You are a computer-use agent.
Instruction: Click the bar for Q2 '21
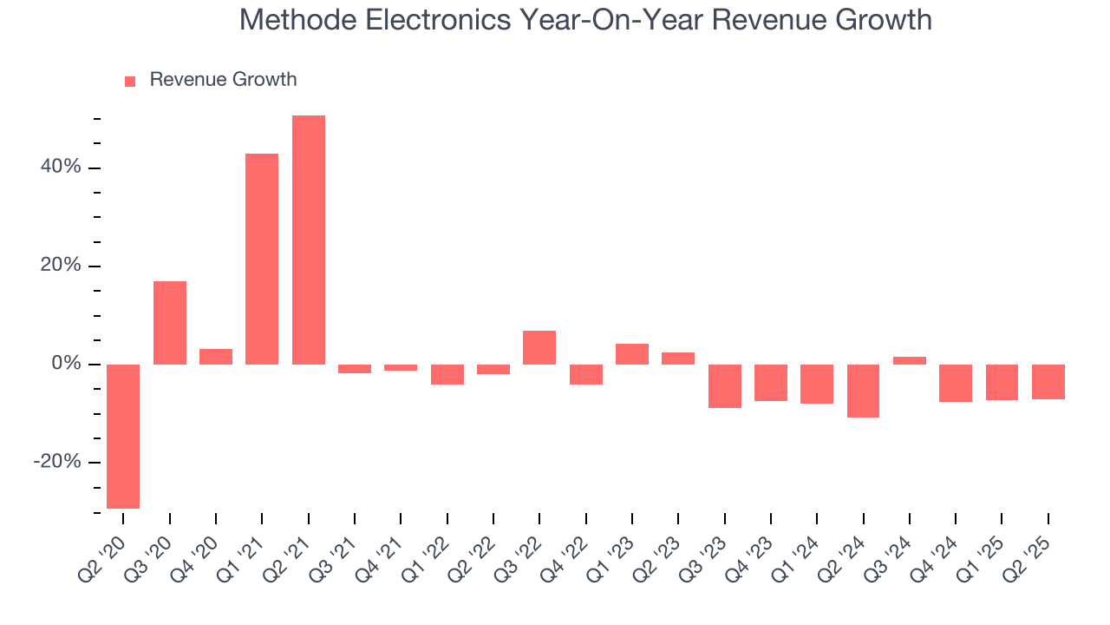pyautogui.click(x=309, y=240)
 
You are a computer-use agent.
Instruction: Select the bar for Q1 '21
pyautogui.click(x=262, y=259)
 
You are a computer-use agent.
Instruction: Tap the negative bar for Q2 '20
pyautogui.click(x=123, y=436)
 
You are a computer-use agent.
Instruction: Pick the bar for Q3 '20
pyautogui.click(x=170, y=322)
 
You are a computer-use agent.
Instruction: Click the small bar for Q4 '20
pyautogui.click(x=216, y=357)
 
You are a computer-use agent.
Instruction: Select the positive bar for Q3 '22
pyautogui.click(x=539, y=347)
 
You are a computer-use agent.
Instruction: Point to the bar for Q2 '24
pyautogui.click(x=863, y=391)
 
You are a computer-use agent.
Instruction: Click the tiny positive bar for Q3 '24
pyautogui.click(x=910, y=360)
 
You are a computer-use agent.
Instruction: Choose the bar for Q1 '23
pyautogui.click(x=632, y=354)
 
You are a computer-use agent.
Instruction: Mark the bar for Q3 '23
pyautogui.click(x=725, y=385)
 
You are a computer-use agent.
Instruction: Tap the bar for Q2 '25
pyautogui.click(x=1048, y=381)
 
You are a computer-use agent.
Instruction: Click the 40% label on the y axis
pyautogui.click(x=61, y=168)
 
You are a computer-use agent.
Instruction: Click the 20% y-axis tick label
pyautogui.click(x=61, y=266)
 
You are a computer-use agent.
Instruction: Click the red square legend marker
pyautogui.click(x=130, y=82)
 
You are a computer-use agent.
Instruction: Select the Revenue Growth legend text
pyautogui.click(x=223, y=80)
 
